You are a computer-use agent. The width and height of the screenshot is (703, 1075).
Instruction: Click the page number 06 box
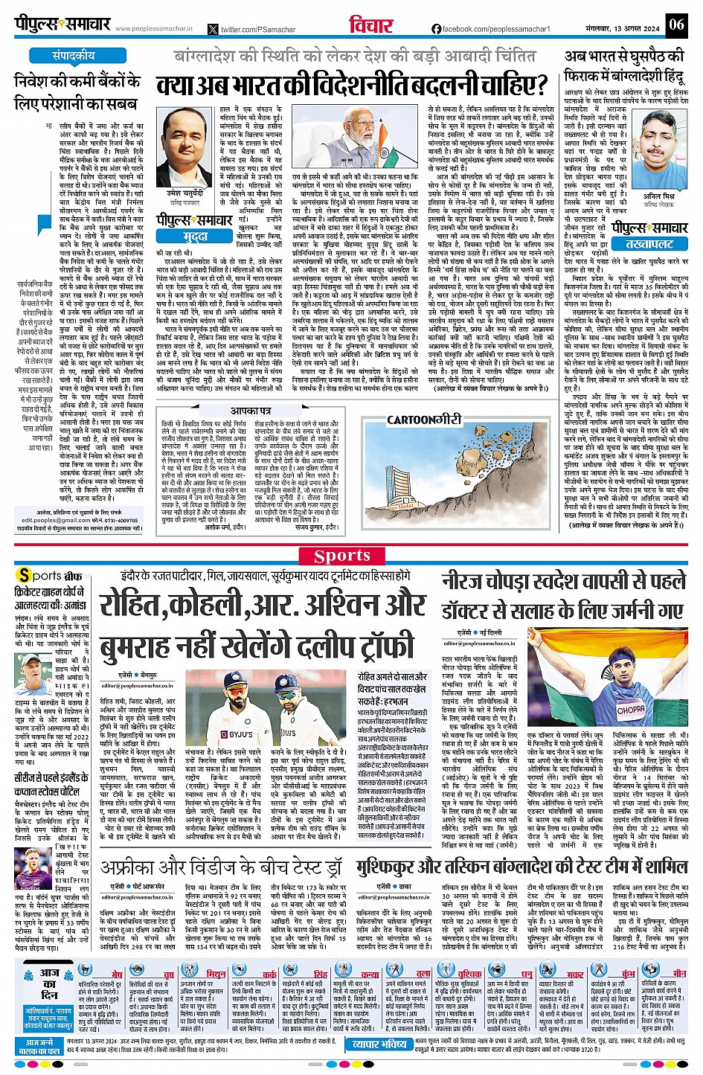pyautogui.click(x=675, y=24)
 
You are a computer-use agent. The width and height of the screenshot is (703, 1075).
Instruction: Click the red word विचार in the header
pyautogui.click(x=371, y=25)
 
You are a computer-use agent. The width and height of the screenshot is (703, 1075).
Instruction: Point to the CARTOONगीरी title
pyautogui.click(x=424, y=420)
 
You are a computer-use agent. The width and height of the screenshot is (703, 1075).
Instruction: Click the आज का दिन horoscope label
pyautogui.click(x=50, y=983)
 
